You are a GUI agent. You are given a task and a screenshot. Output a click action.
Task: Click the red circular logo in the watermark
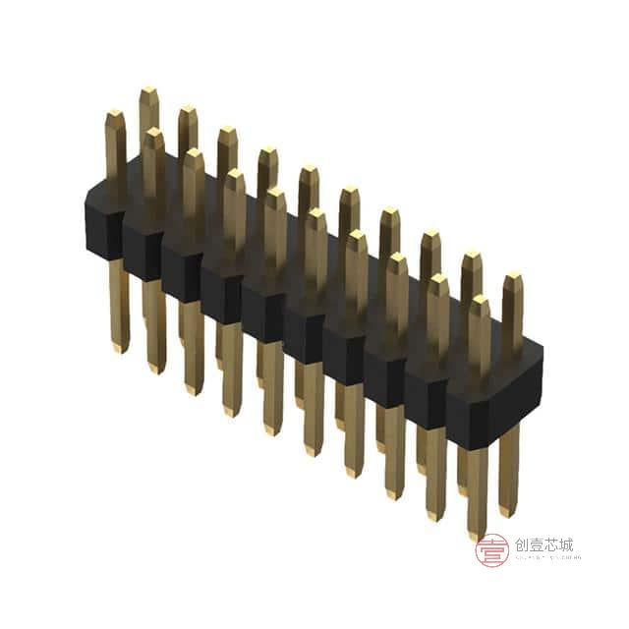pos(491,550)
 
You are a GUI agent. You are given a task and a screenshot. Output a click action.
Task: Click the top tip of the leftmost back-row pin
pos(148,90)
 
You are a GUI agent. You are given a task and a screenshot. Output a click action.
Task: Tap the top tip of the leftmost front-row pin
pos(114,114)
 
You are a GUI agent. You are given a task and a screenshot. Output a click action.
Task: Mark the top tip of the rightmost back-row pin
pos(512,278)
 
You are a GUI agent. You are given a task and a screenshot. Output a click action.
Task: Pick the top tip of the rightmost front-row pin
pos(479,300)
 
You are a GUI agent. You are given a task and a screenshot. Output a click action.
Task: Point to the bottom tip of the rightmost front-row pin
pos(478,536)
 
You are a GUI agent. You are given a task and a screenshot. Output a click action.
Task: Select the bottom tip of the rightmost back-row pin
pos(507,511)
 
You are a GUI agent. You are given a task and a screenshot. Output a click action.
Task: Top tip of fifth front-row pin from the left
pos(275,194)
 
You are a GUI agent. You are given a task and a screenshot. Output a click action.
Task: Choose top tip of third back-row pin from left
pos(227,130)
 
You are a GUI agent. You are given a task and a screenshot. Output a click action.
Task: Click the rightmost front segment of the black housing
pos(469,413)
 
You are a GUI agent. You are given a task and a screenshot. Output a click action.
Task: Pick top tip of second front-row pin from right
pos(438,279)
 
